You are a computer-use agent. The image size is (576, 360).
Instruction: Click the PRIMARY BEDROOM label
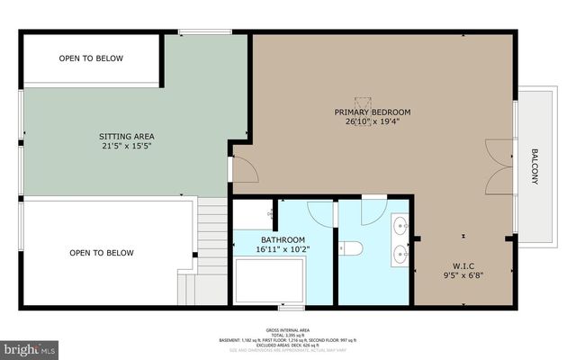click(372, 112)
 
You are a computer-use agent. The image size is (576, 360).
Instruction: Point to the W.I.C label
click(463, 265)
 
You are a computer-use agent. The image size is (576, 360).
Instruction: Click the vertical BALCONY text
click(534, 166)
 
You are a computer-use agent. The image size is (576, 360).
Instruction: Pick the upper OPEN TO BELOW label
click(91, 58)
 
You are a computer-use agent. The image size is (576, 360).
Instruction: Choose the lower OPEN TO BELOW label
click(101, 253)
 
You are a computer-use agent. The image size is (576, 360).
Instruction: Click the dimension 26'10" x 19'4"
click(372, 123)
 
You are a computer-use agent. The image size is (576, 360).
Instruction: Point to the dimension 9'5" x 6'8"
click(463, 276)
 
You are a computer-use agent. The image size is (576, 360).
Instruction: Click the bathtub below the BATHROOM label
click(269, 281)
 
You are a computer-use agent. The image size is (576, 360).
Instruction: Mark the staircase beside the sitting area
click(211, 247)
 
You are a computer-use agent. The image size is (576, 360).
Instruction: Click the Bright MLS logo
click(30, 346)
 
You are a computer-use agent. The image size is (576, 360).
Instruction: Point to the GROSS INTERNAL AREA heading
click(287, 330)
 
